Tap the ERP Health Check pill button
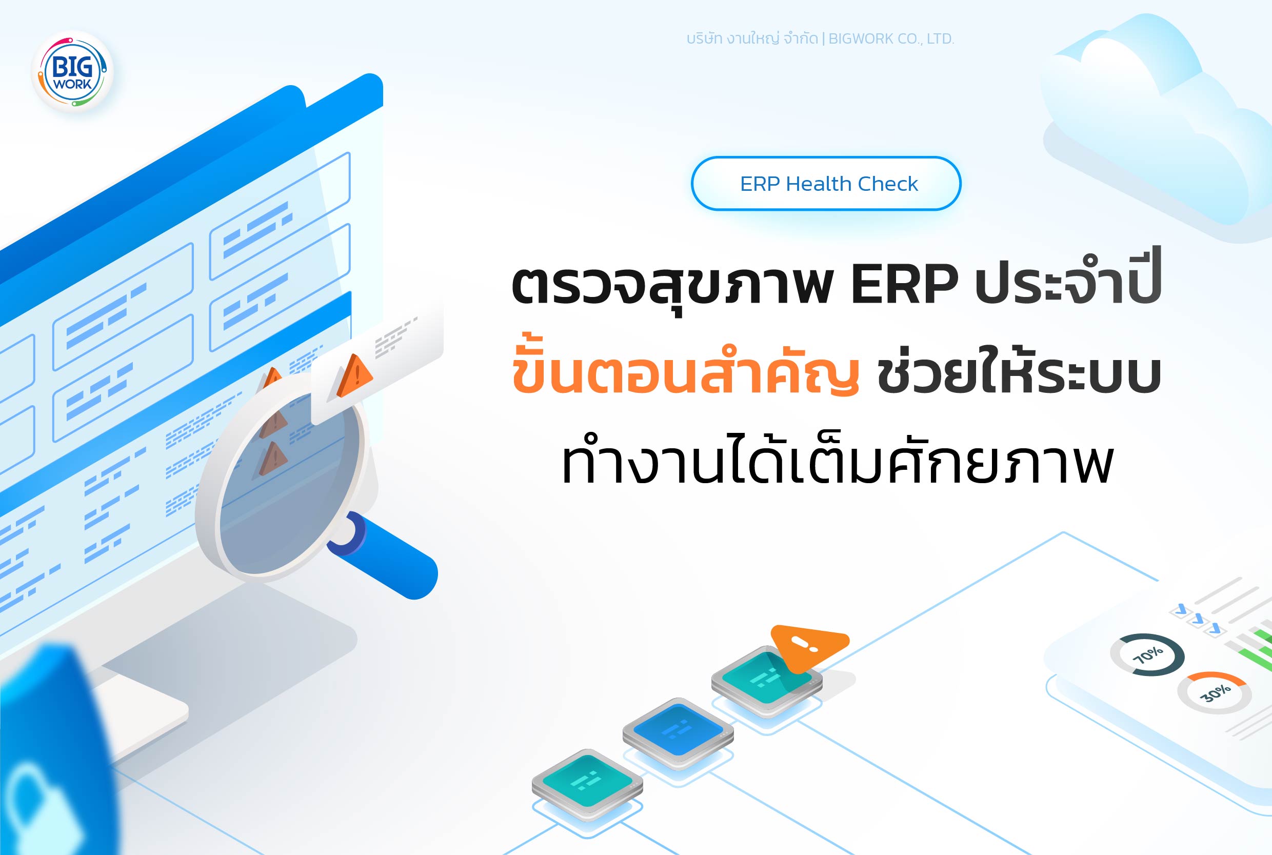coord(825,183)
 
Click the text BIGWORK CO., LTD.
coord(891,38)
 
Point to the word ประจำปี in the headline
coord(1068,281)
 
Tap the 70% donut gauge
coord(1147,654)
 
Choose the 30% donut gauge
coord(1214,692)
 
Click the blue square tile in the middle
coord(678,729)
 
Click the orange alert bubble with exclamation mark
coord(808,646)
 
